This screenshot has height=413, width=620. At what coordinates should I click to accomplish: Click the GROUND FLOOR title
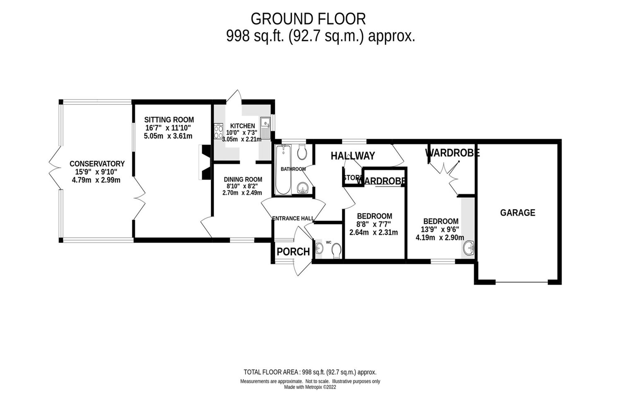(308, 19)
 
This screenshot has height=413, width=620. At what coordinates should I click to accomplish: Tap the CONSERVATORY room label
(97, 164)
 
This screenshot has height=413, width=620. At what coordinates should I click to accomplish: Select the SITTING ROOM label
(169, 120)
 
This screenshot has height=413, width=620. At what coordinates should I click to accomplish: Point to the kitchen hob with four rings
(218, 131)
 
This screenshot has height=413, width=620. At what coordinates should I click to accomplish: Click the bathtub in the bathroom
(283, 169)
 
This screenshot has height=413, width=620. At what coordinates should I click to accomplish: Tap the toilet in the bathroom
(302, 152)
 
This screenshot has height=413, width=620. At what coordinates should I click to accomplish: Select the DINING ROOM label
(243, 179)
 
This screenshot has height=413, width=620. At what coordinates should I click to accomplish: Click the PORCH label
(293, 252)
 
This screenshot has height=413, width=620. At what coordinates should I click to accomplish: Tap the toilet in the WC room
(336, 250)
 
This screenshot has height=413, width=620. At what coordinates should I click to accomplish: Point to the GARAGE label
(517, 213)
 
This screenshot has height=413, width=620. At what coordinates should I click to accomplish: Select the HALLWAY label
(353, 156)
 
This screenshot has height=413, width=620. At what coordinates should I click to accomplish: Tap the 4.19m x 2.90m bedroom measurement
(440, 238)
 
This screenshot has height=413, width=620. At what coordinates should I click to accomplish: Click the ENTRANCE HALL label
(293, 218)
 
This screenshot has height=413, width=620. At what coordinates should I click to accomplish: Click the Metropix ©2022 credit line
(310, 387)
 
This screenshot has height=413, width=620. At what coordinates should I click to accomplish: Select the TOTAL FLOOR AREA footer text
(310, 372)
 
